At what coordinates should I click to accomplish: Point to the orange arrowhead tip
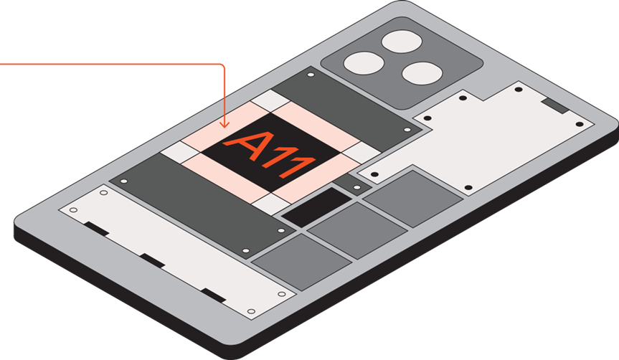point(225,128)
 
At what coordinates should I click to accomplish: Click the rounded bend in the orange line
point(222,65)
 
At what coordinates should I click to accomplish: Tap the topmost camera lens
point(402,42)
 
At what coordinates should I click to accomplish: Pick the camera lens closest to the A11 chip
point(364,63)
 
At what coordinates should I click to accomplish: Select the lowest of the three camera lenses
point(422,73)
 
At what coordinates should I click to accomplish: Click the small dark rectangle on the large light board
point(555,105)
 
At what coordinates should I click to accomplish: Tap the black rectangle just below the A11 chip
point(316,207)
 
